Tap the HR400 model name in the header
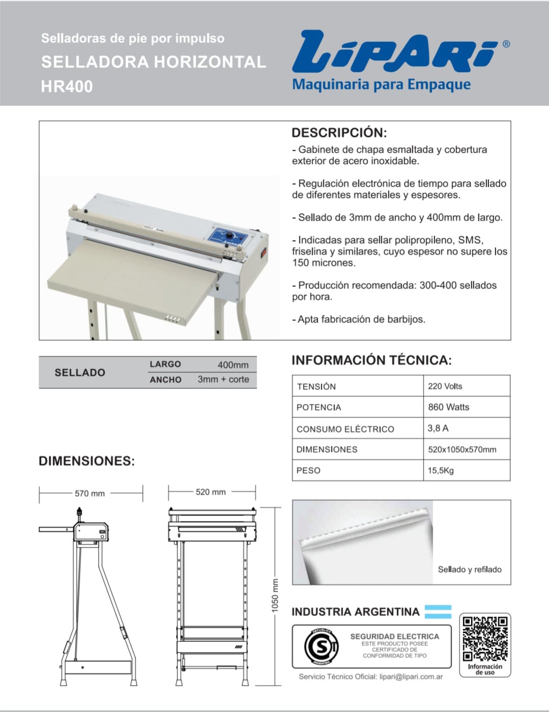[x=67, y=86]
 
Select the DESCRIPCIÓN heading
[x=339, y=133]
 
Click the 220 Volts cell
[x=445, y=386]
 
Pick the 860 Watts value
[x=448, y=407]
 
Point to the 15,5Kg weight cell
[x=440, y=470]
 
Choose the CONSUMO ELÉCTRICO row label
[x=345, y=429]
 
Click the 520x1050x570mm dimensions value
[x=462, y=449]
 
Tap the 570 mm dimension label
[x=89, y=493]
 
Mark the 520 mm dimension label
[x=210, y=492]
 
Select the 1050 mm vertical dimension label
[x=275, y=595]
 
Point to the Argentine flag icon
[x=438, y=612]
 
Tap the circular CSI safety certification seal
[x=320, y=646]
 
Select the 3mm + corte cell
[x=223, y=379]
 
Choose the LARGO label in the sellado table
[x=165, y=364]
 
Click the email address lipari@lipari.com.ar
[x=411, y=676]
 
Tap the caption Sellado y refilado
[x=469, y=569]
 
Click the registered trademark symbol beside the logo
[x=506, y=44]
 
